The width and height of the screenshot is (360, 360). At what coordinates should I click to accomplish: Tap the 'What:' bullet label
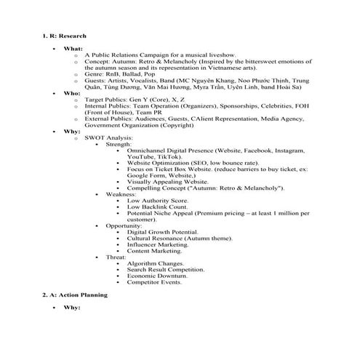pos(73,48)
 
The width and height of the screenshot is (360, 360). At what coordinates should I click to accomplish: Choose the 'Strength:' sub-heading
pos(119,144)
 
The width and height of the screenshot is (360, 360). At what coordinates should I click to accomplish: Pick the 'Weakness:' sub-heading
pos(121,194)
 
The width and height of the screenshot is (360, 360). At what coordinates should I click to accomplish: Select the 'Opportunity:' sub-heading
pos(124,225)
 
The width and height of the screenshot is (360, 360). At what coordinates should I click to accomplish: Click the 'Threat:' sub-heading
pos(116,257)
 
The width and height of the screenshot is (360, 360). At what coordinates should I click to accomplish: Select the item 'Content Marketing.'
pos(154,251)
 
